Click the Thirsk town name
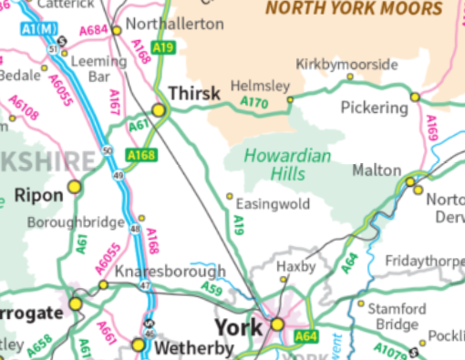pos(194,94)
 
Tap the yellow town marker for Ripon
pos(75,186)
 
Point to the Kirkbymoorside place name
pos(347,65)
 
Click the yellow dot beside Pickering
pos(414,97)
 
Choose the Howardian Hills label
pos(287,165)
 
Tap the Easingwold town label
pos(273,203)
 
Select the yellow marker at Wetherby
pos(139,344)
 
